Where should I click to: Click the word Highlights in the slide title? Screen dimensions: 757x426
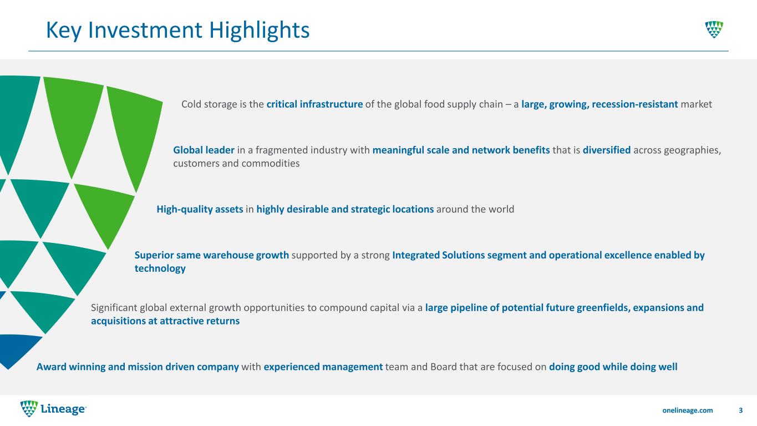click(x=259, y=31)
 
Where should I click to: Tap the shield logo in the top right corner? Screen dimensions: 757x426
click(x=714, y=29)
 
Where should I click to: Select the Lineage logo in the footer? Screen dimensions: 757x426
click(x=53, y=409)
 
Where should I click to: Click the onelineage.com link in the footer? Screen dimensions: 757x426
click(x=687, y=410)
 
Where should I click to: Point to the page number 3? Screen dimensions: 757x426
click(x=741, y=410)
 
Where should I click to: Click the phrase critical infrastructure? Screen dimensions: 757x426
click(x=314, y=104)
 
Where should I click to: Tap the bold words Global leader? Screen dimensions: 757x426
click(x=204, y=150)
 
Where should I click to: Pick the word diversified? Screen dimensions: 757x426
click(x=607, y=150)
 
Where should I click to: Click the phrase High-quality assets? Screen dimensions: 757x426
click(x=200, y=209)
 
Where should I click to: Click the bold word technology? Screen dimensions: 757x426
click(x=160, y=268)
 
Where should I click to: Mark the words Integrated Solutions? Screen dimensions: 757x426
click(x=439, y=255)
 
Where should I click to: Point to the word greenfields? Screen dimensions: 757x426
click(x=603, y=308)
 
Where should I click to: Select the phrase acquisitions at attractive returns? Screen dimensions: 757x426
click(x=165, y=321)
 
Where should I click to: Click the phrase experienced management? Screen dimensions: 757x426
click(x=323, y=367)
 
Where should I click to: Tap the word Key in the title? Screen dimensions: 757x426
click(x=64, y=31)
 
